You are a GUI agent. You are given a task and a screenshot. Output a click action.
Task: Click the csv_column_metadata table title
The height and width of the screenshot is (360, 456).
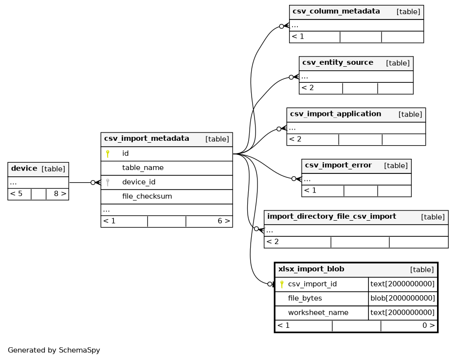point(336,11)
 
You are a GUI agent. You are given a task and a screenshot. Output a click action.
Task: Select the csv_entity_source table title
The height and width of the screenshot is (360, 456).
point(338,62)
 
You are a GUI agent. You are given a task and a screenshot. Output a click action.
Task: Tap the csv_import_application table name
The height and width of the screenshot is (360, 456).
point(335,114)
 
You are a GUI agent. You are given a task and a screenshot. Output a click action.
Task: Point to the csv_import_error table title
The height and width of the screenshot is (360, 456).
point(338,165)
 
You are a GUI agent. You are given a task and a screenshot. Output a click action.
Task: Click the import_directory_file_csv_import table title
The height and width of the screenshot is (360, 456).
point(331,216)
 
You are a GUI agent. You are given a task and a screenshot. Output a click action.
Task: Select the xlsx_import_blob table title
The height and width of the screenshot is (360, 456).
point(311,269)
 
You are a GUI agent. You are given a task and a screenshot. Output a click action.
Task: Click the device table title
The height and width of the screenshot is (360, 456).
point(24,169)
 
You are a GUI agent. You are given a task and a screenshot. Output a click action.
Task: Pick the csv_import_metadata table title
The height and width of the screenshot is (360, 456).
point(146,138)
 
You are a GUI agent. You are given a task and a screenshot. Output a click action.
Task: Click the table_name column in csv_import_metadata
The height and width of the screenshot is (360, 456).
point(143,168)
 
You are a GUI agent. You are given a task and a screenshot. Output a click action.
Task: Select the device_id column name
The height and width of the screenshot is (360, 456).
point(139,182)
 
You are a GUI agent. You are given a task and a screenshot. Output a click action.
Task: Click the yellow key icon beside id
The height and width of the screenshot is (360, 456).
point(108,153)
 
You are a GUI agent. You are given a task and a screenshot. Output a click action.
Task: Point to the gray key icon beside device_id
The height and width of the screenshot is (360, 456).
point(108,182)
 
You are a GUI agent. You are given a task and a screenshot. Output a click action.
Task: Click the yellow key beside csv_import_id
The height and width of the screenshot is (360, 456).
point(281,284)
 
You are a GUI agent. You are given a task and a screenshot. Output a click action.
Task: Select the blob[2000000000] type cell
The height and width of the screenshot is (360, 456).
point(403,298)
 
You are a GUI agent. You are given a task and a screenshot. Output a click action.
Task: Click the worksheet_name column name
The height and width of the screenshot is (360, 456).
point(318,313)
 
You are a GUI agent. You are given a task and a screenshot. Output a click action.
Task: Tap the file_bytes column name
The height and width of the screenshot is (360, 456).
point(305,298)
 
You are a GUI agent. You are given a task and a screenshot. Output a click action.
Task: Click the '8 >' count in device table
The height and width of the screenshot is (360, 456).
point(60,193)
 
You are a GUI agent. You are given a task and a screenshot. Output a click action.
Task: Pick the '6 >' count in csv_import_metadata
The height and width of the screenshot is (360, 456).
point(224,221)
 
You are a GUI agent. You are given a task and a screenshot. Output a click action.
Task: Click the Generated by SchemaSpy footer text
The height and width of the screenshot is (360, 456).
point(54,350)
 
